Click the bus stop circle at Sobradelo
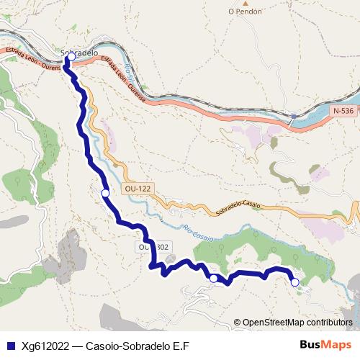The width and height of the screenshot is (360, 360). coord(71,56)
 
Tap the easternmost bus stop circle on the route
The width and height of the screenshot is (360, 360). coord(294,283)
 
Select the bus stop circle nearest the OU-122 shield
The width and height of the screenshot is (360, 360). coord(106,193)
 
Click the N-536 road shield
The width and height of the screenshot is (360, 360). coord(344,111)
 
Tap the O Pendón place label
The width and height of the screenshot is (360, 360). coord(244,11)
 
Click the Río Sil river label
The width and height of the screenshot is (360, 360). coord(130,74)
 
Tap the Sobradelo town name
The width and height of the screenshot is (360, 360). coord(79,53)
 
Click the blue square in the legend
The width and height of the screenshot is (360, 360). coord(9,346)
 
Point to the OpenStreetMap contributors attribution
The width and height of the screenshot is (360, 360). coord(294,323)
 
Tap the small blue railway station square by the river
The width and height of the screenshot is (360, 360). coord(294,115)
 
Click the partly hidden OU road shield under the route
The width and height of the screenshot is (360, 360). coord(153,247)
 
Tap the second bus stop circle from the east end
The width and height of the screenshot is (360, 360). coord(213,277)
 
